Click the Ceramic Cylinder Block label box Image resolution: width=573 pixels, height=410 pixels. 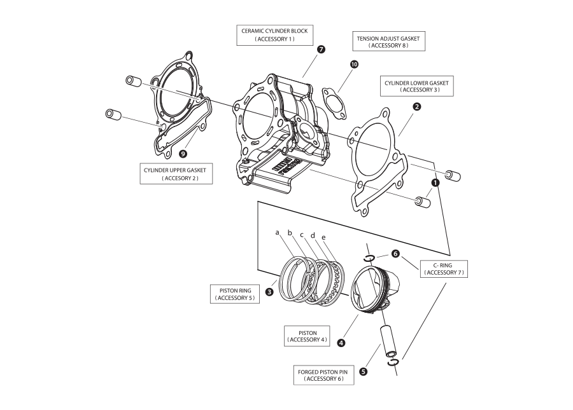pyautogui.click(x=274, y=34)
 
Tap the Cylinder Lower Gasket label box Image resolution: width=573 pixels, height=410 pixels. pyautogui.click(x=416, y=86)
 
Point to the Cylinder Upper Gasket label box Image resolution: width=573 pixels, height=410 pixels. pyautogui.click(x=175, y=174)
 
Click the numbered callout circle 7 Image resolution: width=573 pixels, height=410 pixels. pyautogui.click(x=321, y=50)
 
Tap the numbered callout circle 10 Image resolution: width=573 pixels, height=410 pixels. pyautogui.click(x=354, y=65)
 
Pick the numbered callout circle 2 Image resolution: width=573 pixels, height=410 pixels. pyautogui.click(x=416, y=107)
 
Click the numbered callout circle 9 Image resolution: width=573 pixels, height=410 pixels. pyautogui.click(x=183, y=154)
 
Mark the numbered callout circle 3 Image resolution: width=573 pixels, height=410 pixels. pyautogui.click(x=270, y=292)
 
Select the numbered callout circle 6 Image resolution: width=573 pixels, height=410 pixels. pyautogui.click(x=395, y=253)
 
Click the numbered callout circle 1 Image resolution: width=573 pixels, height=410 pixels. pyautogui.click(x=435, y=181)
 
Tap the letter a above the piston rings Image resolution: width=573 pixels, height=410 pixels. pyautogui.click(x=278, y=233)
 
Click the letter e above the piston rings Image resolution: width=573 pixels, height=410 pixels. pyautogui.click(x=324, y=237)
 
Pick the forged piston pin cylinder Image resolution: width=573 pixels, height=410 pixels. pyautogui.click(x=388, y=341)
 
